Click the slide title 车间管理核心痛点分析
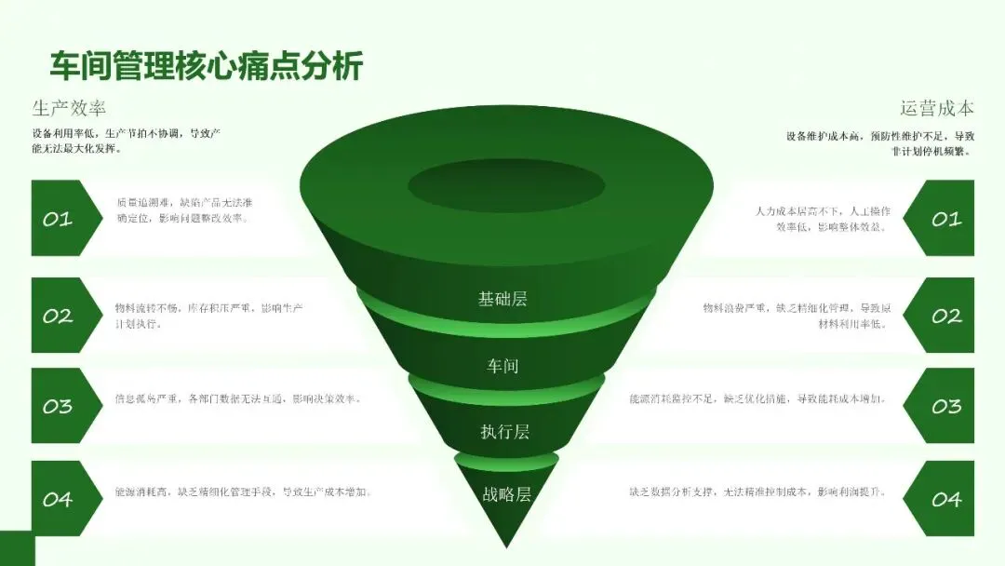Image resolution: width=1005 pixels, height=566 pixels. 206,67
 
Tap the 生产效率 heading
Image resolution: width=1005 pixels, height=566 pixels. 69,108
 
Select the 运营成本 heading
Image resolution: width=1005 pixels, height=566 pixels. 936,108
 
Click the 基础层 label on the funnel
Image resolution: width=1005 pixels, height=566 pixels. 502,299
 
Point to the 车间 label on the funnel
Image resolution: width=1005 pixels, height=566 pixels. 502,366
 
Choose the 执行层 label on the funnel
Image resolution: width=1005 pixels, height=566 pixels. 503,431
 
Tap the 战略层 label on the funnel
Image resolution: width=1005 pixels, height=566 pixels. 505,494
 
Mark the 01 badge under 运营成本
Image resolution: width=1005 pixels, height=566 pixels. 942,219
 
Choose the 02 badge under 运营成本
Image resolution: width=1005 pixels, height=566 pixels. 942,316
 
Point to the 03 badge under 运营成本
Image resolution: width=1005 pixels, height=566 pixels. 942,407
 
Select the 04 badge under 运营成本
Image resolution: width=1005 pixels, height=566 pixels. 942,500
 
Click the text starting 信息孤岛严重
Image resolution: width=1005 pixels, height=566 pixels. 237,399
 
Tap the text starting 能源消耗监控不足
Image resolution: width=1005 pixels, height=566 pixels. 757,399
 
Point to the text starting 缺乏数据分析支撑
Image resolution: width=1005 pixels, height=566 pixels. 757,492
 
